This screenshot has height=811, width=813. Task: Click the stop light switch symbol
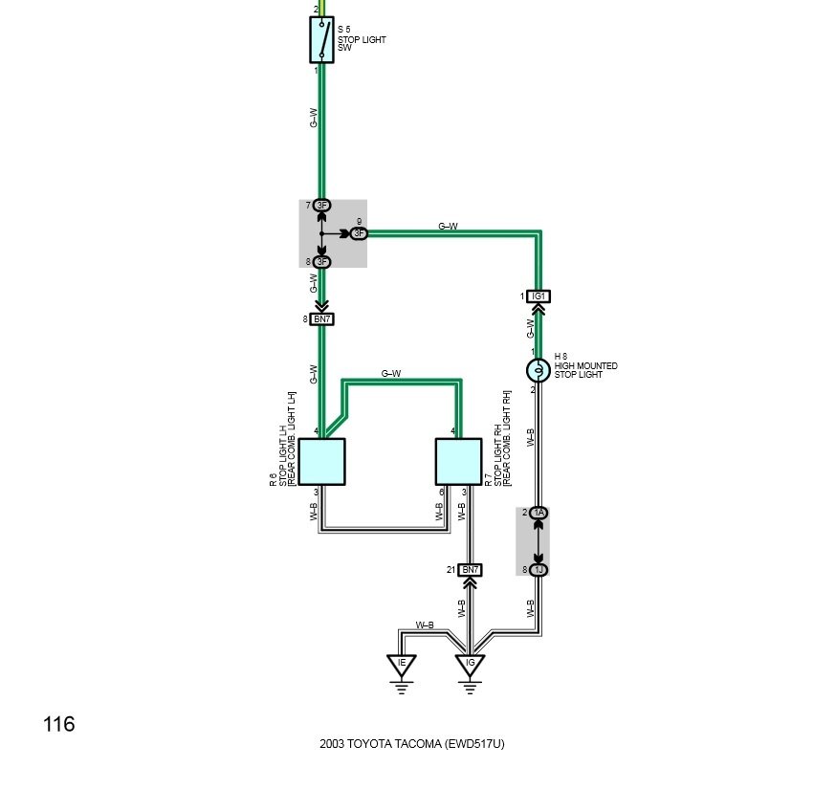[321, 40]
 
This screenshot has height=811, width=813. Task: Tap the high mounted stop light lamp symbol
[538, 370]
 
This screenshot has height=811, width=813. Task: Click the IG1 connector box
[538, 296]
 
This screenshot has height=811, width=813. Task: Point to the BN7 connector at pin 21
[470, 570]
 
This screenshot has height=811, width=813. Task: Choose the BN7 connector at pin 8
[321, 318]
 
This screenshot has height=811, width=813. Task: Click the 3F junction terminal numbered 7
[321, 206]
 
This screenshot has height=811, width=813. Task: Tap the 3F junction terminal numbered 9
[359, 233]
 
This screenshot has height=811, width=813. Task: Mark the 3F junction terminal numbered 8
[321, 262]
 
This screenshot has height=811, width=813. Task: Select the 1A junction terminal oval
[538, 513]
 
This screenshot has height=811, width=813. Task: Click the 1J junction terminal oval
[538, 570]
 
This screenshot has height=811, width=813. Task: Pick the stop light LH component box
[321, 462]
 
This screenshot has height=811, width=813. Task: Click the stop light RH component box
[458, 462]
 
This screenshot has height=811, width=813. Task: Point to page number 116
[58, 724]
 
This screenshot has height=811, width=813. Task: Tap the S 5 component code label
[343, 30]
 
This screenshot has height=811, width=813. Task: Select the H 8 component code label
[560, 356]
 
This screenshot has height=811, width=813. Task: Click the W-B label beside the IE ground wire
[425, 625]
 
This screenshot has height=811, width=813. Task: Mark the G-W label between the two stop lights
[391, 373]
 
